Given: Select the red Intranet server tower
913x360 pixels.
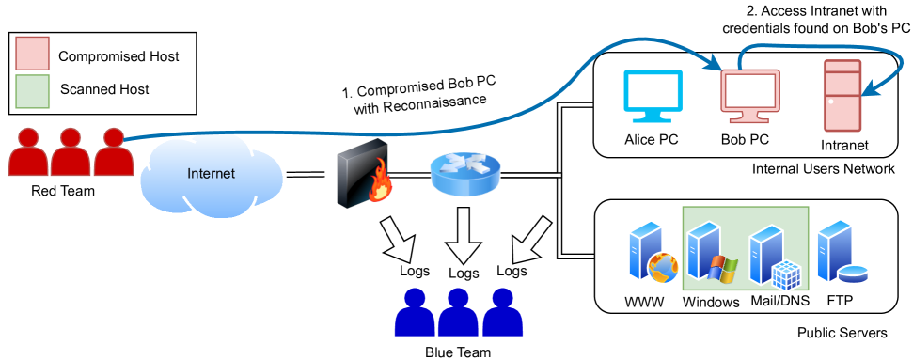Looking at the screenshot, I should click(x=842, y=96).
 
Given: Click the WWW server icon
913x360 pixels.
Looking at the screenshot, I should click(x=650, y=255).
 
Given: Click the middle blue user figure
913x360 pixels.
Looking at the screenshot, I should click(x=458, y=312).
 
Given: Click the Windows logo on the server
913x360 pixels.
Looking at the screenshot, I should click(x=722, y=269).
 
